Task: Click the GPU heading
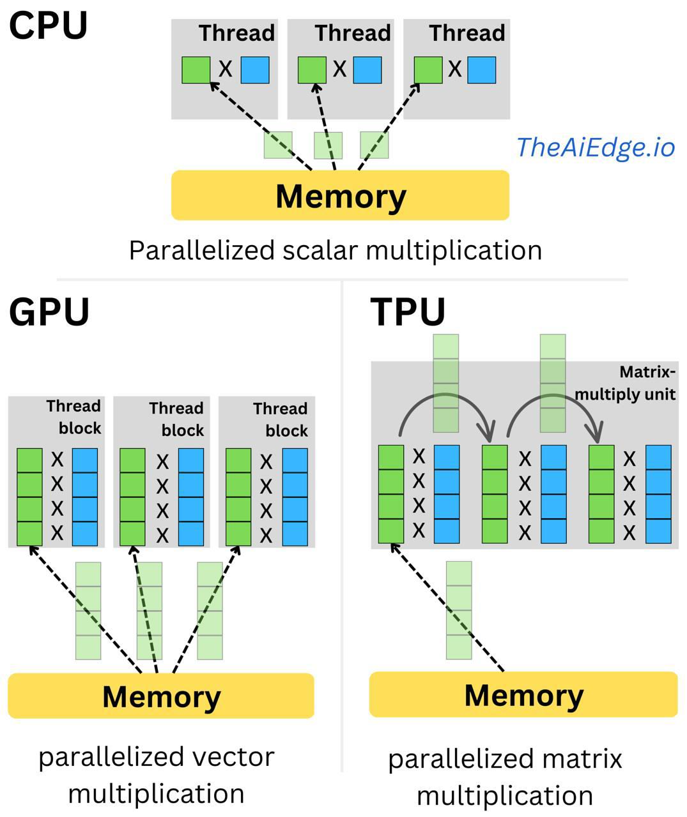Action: point(49,312)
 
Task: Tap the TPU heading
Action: point(408,312)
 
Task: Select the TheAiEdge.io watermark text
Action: point(595,147)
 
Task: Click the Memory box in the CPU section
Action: point(340,195)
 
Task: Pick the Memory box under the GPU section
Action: point(161,696)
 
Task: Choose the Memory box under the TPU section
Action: point(523,694)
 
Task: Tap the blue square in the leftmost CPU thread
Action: point(255,70)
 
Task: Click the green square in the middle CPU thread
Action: point(312,70)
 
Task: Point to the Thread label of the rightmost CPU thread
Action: point(467,33)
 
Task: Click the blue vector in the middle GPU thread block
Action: point(190,497)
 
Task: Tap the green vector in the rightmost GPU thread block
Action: point(238,497)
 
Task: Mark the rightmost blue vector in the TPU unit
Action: point(658,494)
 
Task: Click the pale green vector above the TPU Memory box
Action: point(458,610)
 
